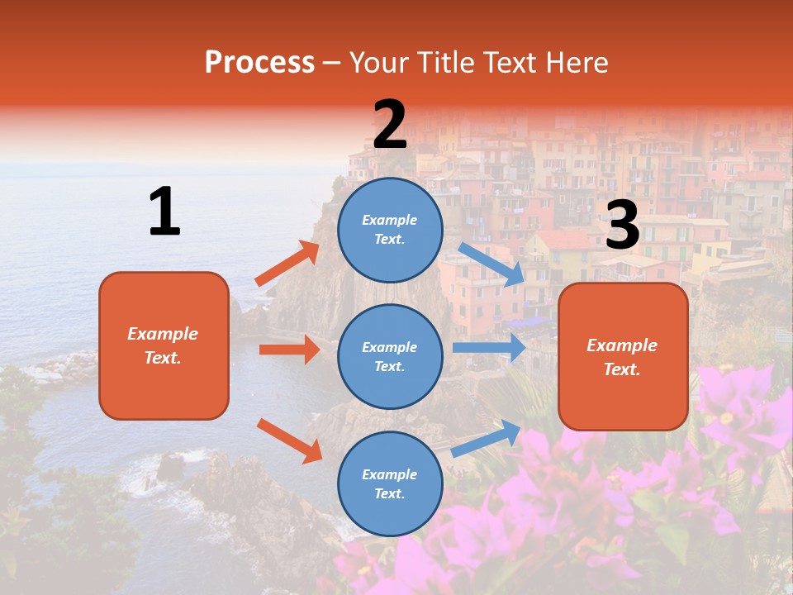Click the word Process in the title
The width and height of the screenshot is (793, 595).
tap(259, 62)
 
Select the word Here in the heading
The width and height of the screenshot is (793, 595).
tap(575, 62)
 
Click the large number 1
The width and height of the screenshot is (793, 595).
tap(164, 212)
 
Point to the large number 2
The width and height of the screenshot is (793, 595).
tap(390, 126)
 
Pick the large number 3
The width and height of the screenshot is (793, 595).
tap(622, 225)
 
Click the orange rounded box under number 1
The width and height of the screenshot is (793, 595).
tap(164, 345)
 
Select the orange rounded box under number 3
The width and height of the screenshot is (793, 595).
tap(623, 357)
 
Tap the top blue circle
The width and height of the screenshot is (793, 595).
tap(390, 230)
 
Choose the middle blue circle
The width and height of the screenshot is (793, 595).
tap(390, 356)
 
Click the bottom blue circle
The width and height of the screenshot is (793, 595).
tap(390, 483)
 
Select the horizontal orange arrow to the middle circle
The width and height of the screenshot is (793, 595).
tap(289, 350)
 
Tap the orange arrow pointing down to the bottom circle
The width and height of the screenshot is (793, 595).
tap(289, 440)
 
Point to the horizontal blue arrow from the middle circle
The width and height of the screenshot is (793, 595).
tap(489, 347)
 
